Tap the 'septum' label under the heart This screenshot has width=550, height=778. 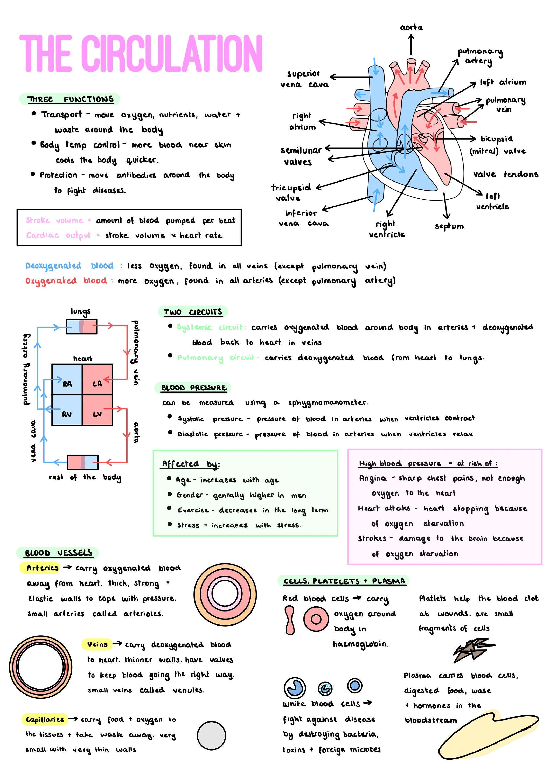[449, 226]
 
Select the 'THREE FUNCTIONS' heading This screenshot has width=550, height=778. [70, 99]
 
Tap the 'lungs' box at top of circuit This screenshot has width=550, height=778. [81, 326]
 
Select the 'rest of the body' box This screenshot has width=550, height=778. [83, 462]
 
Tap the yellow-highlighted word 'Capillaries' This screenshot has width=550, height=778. [45, 719]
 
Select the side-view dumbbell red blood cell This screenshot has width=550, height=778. [290, 620]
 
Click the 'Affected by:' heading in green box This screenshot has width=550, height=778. [190, 463]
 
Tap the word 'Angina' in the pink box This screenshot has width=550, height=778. [373, 478]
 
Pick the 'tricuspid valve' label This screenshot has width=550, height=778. [290, 192]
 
